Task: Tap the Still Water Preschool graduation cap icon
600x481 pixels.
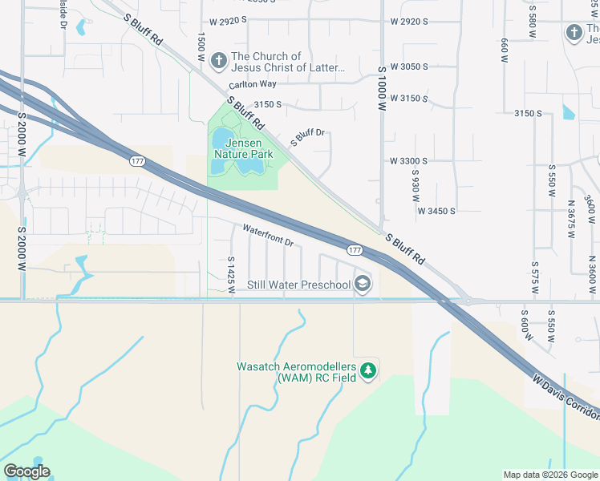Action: pyautogui.click(x=363, y=284)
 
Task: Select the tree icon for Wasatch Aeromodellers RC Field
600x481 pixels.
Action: pyautogui.click(x=369, y=370)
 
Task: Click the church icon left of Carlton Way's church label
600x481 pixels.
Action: pyautogui.click(x=218, y=61)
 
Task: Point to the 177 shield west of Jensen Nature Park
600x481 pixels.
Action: pyautogui.click(x=137, y=161)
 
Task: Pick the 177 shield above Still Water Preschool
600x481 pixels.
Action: pyautogui.click(x=355, y=251)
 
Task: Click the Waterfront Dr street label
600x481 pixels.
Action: pyautogui.click(x=270, y=234)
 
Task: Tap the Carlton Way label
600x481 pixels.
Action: pyautogui.click(x=252, y=84)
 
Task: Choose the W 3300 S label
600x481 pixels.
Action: pyautogui.click(x=408, y=161)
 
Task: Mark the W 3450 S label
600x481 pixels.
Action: pyautogui.click(x=436, y=211)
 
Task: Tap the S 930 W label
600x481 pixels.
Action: pyautogui.click(x=416, y=185)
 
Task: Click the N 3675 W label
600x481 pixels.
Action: pyautogui.click(x=572, y=214)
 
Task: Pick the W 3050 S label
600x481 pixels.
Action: pyautogui.click(x=408, y=67)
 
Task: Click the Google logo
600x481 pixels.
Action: pyautogui.click(x=26, y=471)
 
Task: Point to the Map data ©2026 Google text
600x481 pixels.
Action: pyautogui.click(x=550, y=475)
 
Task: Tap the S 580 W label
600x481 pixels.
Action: pyautogui.click(x=531, y=27)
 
